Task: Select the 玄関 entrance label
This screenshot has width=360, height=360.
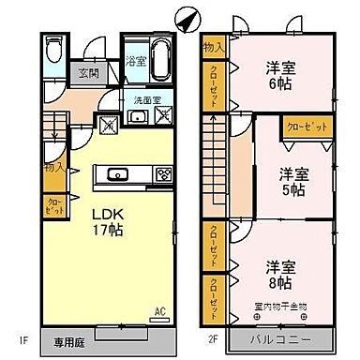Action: pyautogui.click(x=87, y=71)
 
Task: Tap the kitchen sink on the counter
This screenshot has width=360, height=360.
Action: pyautogui.click(x=119, y=172)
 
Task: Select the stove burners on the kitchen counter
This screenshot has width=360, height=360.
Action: pyautogui.click(x=163, y=172)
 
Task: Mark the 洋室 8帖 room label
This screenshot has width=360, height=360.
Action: pyautogui.click(x=278, y=274)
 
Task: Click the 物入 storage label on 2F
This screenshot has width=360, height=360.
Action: pyautogui.click(x=214, y=48)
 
